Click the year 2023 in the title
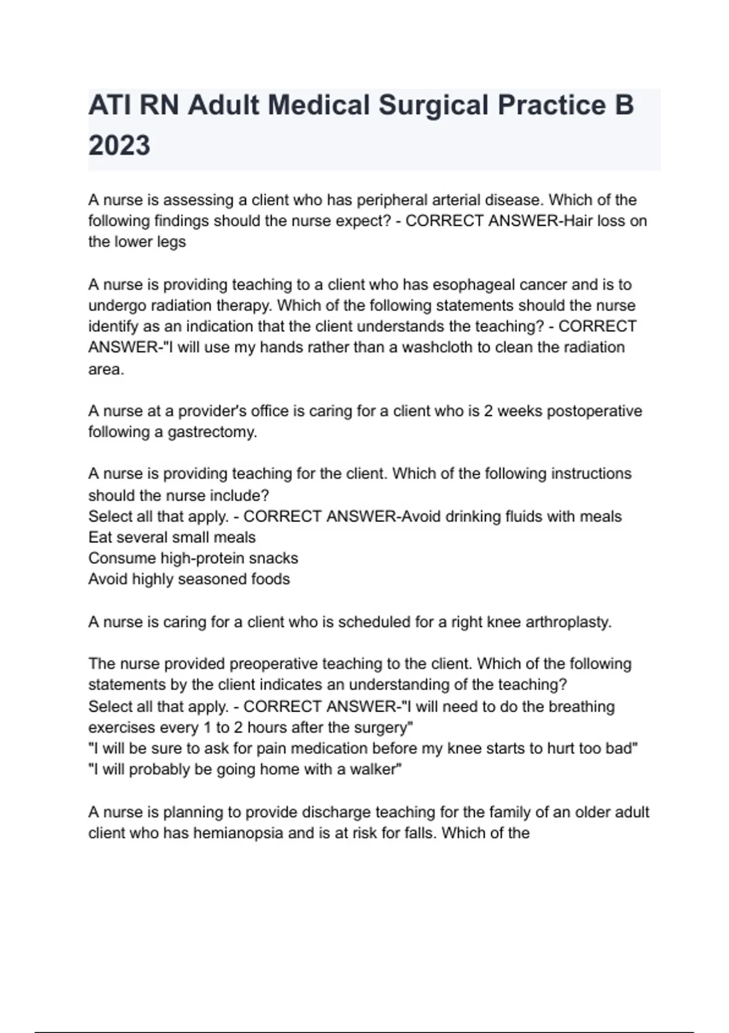point(119,146)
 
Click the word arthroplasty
point(568,622)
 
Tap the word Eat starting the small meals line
point(100,537)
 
